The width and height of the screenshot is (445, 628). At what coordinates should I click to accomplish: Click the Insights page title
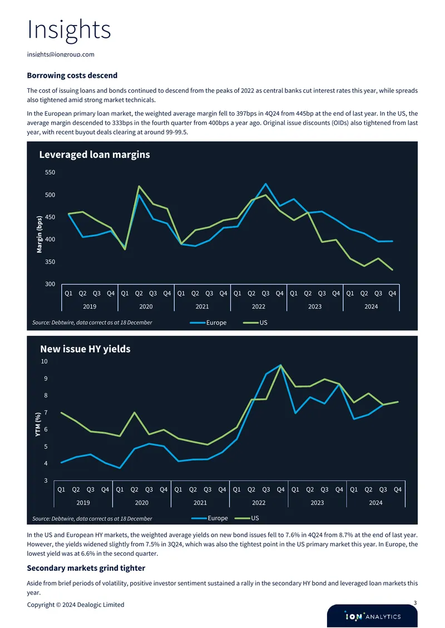[69, 29]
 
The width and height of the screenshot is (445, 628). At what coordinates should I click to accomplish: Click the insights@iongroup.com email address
[61, 54]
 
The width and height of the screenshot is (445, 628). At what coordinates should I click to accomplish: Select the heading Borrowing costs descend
[72, 75]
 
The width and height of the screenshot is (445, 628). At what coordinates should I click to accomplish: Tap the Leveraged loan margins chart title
[95, 154]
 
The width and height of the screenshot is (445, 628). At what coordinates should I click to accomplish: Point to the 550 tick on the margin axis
[50, 172]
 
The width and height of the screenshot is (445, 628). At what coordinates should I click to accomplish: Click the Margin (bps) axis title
[39, 235]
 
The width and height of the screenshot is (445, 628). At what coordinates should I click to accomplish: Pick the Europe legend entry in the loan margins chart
[208, 322]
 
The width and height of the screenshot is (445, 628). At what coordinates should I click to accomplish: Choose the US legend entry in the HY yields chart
[246, 518]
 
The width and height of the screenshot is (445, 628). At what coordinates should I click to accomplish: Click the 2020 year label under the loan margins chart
[146, 306]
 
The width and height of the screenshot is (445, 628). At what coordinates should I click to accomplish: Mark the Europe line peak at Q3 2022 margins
[265, 184]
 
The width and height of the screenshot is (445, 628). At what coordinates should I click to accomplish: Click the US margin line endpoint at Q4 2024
[392, 270]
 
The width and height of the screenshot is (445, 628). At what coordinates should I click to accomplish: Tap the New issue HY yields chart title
[86, 349]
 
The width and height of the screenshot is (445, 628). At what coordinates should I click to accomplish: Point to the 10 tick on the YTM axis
[44, 361]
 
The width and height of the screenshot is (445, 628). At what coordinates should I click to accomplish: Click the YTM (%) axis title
[38, 424]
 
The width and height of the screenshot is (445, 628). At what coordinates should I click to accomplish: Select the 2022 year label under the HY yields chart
[259, 502]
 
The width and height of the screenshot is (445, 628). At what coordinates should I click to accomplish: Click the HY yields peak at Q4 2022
[281, 365]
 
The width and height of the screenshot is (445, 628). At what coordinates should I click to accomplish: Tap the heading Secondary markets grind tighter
[86, 568]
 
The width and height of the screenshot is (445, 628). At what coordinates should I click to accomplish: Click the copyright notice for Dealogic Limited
[76, 605]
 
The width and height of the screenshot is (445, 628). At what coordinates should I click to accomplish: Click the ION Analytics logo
[373, 616]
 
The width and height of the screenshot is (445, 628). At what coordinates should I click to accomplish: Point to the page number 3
[416, 603]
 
